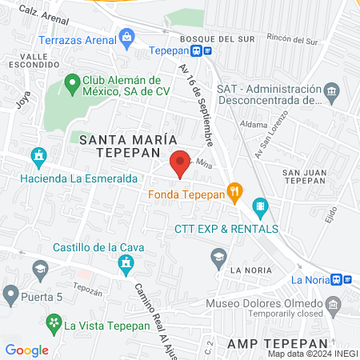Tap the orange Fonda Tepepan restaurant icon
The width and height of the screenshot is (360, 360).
(x=234, y=191)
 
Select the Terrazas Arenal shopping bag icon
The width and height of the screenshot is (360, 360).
(x=127, y=36)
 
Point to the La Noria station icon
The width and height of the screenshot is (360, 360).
(x=338, y=279)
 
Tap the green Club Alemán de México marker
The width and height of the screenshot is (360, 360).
(x=71, y=81)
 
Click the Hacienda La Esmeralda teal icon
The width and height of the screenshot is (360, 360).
(x=38, y=155)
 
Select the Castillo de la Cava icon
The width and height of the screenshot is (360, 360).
(x=125, y=262)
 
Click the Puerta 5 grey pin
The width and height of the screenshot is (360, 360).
(x=10, y=295)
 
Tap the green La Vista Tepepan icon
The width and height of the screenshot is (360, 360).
(x=54, y=325)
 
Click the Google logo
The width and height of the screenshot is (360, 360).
(x=27, y=350)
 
